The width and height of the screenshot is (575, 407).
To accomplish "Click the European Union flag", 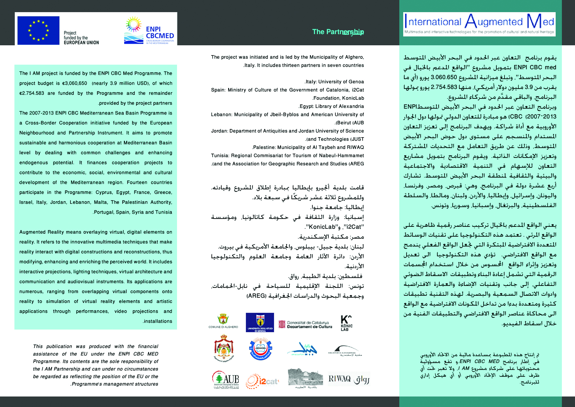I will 38,30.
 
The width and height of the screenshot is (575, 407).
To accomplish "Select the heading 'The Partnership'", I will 338,32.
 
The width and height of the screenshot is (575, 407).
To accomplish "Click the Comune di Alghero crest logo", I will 223,321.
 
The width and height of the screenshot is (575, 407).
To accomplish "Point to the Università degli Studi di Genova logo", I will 260,322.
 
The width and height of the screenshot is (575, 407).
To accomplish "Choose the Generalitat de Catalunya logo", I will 305,324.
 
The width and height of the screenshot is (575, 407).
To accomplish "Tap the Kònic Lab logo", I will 346,323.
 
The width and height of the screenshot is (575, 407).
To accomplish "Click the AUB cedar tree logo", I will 225,380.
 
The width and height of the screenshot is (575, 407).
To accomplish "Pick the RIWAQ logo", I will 349,379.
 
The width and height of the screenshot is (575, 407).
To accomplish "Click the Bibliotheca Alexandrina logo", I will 345,351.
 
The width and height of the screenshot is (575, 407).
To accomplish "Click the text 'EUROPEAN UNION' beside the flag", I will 81,42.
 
